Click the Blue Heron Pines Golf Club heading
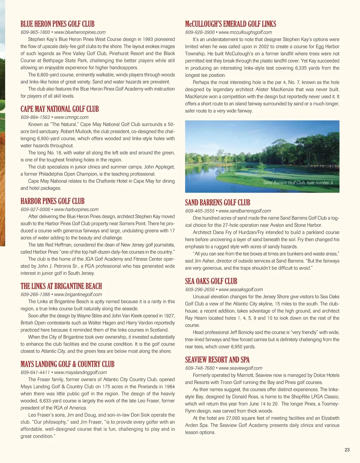pyautogui.click(x=57, y=24)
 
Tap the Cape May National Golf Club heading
pyautogui.click(x=59, y=109)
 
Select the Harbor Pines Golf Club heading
pyautogui.click(x=52, y=201)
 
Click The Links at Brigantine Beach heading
pyautogui.click(x=61, y=286)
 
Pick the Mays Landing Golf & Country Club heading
pyautogui.click(x=67, y=364)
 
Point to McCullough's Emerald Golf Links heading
pyautogui.click(x=230, y=24)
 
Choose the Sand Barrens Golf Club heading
pyautogui.click(x=217, y=203)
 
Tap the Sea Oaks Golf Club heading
pyautogui.click(x=211, y=281)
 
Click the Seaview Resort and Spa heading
pyautogui.click(x=217, y=360)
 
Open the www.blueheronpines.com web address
pyautogui.click(x=80, y=32)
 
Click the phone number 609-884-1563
pyautogui.click(x=35, y=117)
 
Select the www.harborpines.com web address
pyautogui.click(x=76, y=209)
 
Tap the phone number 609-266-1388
pyautogui.click(x=35, y=294)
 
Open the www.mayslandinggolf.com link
pyautogui.click(x=80, y=372)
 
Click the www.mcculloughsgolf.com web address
pyautogui.click(x=245, y=32)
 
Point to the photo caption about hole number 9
pyautogui.click(x=298, y=182)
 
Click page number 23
pyautogui.click(x=347, y=450)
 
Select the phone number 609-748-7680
pyautogui.click(x=200, y=368)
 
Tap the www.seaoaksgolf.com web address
pyautogui.click(x=241, y=290)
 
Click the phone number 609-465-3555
pyautogui.click(x=200, y=211)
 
